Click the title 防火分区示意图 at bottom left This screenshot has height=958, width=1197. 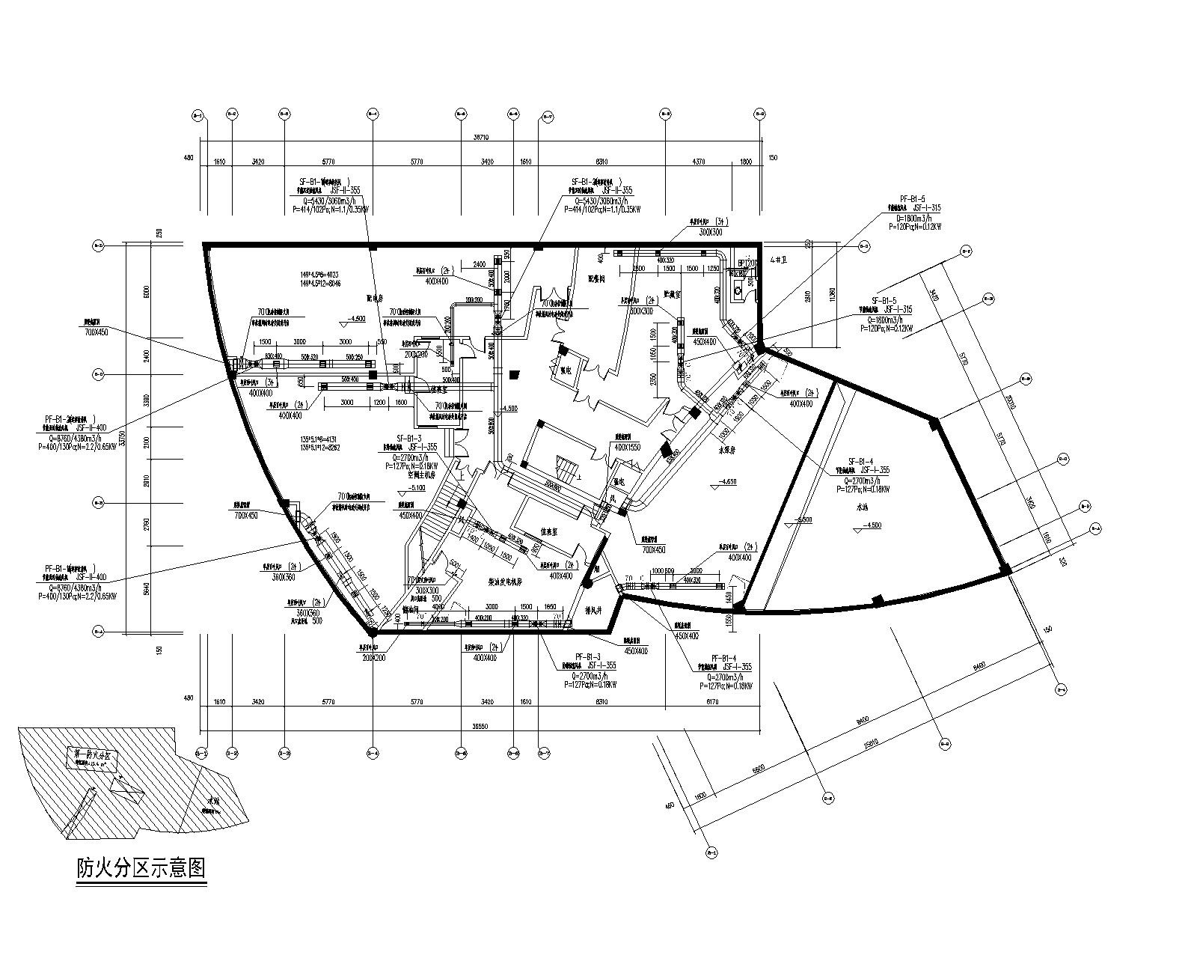point(141,868)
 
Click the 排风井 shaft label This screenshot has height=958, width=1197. point(593,608)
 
